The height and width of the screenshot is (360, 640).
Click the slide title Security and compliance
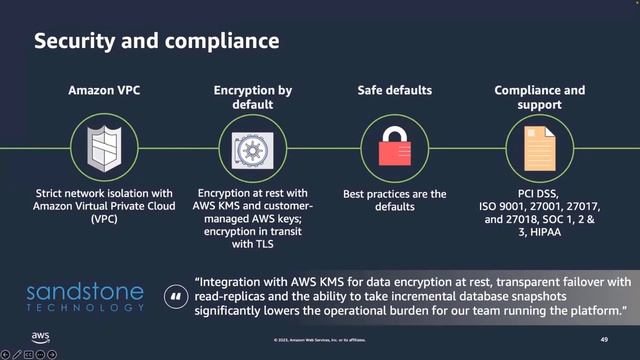[x=157, y=42]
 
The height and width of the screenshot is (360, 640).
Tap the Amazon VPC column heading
[x=104, y=90]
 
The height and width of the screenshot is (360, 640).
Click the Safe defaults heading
[x=394, y=90]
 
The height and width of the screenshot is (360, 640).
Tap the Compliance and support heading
[x=540, y=97]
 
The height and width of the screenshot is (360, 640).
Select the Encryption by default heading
[x=252, y=97]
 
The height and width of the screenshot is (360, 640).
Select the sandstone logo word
[x=86, y=293]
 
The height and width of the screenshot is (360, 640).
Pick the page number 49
[x=604, y=340]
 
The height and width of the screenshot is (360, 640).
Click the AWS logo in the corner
[x=40, y=337]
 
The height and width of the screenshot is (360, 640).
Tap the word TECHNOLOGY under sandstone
[x=86, y=308]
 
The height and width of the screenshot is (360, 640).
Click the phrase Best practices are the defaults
[x=394, y=200]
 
